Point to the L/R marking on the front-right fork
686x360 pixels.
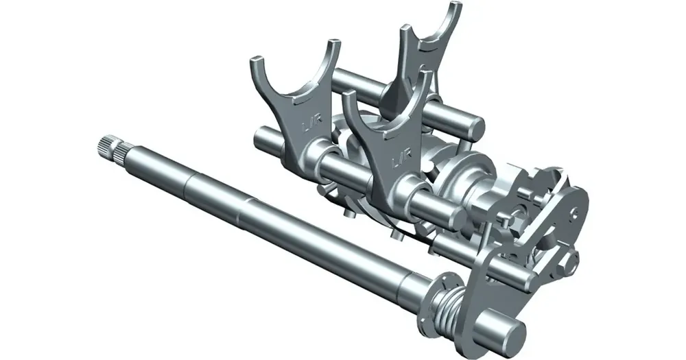(x=400, y=161)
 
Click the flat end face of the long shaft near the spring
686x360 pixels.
(x=512, y=332)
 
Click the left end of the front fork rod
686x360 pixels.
(x=261, y=139)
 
